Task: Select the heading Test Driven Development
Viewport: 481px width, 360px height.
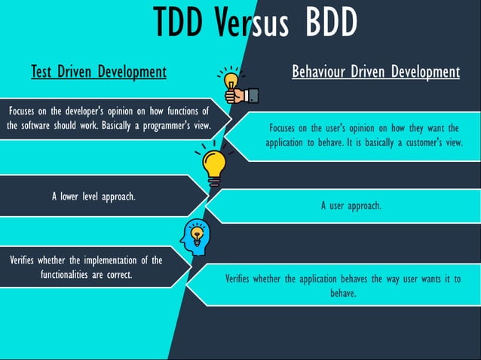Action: [x=98, y=72]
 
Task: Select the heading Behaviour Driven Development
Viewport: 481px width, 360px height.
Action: [x=375, y=72]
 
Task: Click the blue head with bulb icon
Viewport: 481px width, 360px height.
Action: [x=195, y=237]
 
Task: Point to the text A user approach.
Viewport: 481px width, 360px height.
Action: [x=351, y=205]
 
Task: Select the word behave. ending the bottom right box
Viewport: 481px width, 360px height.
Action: [x=343, y=293]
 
